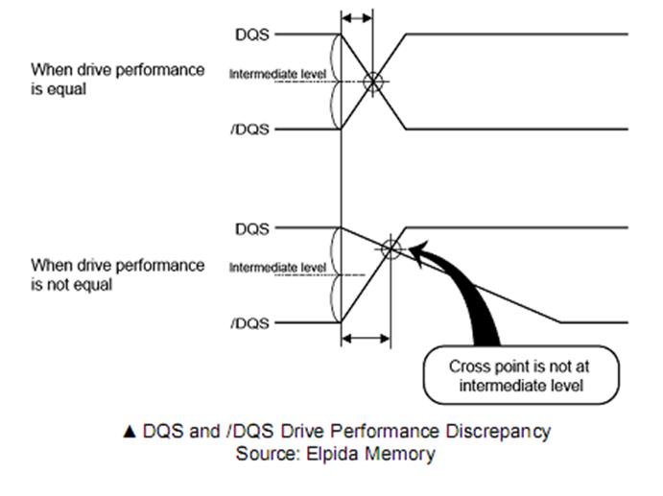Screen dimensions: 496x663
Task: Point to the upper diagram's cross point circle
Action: coord(374,82)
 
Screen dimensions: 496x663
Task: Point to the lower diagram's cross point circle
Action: coord(390,249)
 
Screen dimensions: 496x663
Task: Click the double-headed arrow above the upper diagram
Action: coord(358,18)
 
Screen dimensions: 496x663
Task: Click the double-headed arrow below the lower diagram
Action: coord(366,338)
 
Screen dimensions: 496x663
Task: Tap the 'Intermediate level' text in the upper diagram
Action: coord(278,73)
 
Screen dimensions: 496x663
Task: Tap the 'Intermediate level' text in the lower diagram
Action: coord(278,266)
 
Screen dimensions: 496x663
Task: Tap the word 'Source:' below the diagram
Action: coord(265,452)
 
